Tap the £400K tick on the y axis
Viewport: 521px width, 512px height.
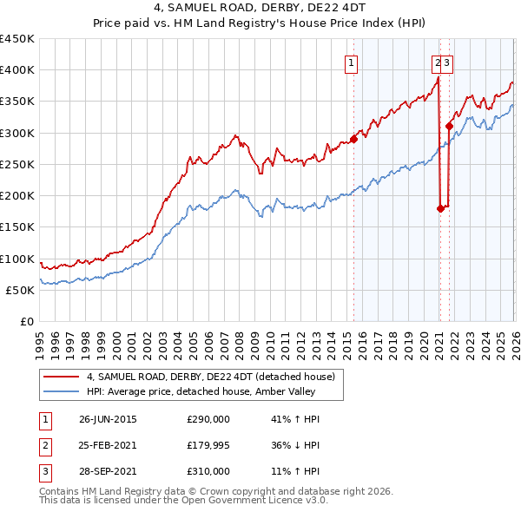(17, 70)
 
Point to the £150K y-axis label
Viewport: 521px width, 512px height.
(17, 226)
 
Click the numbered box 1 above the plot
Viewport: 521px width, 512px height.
(352, 62)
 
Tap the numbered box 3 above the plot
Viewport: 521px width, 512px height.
(446, 62)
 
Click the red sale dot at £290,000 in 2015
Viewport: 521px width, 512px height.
(354, 139)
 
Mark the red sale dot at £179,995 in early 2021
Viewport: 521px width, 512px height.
(440, 208)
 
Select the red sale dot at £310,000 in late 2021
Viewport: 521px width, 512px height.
(449, 126)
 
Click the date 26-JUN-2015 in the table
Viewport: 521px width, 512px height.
(108, 419)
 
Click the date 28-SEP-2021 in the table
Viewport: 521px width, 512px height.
(108, 471)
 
